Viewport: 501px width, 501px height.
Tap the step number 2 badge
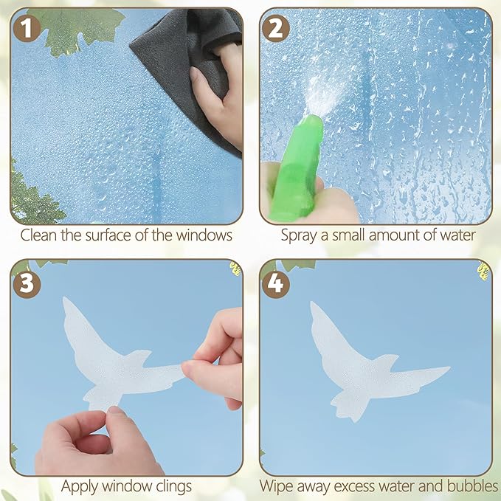(x=276, y=28)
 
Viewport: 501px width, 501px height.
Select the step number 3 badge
(x=26, y=283)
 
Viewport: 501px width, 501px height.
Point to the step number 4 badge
(x=276, y=283)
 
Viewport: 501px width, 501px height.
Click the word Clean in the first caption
(x=38, y=236)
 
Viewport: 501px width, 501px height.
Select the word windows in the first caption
(x=208, y=236)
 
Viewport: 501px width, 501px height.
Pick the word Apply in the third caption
(x=79, y=486)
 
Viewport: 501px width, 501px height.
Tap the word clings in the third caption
(x=171, y=486)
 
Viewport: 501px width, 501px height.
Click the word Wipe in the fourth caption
(x=274, y=486)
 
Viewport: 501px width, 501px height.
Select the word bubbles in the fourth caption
(x=471, y=486)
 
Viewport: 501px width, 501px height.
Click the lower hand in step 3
(x=89, y=443)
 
